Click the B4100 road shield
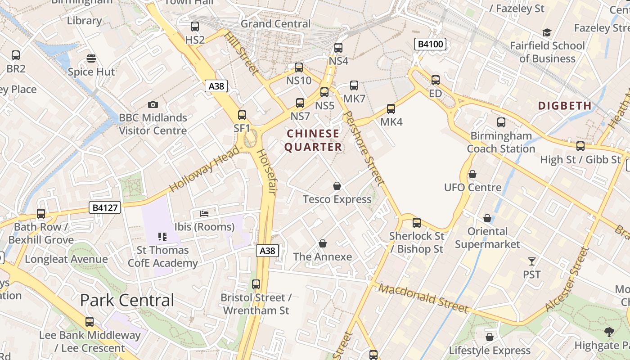(x=431, y=44)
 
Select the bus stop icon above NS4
(x=338, y=48)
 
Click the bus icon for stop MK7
(x=354, y=85)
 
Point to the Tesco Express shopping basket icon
(x=337, y=186)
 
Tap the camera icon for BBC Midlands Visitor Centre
(x=153, y=104)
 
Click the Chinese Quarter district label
(x=313, y=140)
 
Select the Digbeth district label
(x=565, y=106)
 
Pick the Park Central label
(x=127, y=300)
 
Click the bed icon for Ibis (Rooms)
(x=204, y=213)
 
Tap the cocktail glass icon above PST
(x=532, y=261)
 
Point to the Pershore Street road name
(x=364, y=148)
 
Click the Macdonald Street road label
(x=423, y=298)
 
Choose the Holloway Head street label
(x=204, y=169)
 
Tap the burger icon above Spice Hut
(x=91, y=58)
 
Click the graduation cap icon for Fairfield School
(x=547, y=32)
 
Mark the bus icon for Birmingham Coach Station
(x=501, y=122)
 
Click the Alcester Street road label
(x=567, y=279)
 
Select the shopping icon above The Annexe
(x=322, y=243)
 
